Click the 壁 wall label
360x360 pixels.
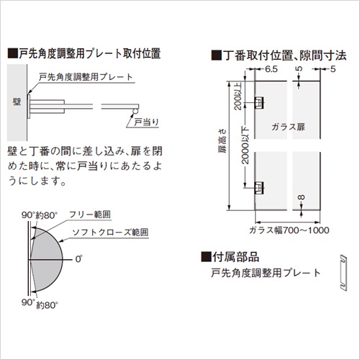tap(17, 102)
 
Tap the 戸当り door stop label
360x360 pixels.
tap(146, 122)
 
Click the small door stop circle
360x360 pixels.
tap(135, 112)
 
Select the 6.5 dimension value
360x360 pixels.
tap(271, 69)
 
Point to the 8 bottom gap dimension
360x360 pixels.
tap(302, 197)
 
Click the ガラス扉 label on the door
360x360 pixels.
tap(288, 127)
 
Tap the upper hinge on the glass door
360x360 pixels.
tap(259, 103)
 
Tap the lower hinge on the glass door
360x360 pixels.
tap(259, 188)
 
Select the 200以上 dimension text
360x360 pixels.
tap(238, 96)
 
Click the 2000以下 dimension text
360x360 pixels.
tap(245, 145)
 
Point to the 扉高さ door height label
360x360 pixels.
tap(222, 141)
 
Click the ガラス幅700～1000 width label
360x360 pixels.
tap(289, 230)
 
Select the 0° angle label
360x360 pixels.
tap(78, 259)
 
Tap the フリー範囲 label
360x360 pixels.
tap(90, 215)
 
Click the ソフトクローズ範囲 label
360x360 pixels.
tap(110, 232)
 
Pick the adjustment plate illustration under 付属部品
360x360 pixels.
tap(343, 273)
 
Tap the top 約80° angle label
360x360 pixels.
tap(47, 215)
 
